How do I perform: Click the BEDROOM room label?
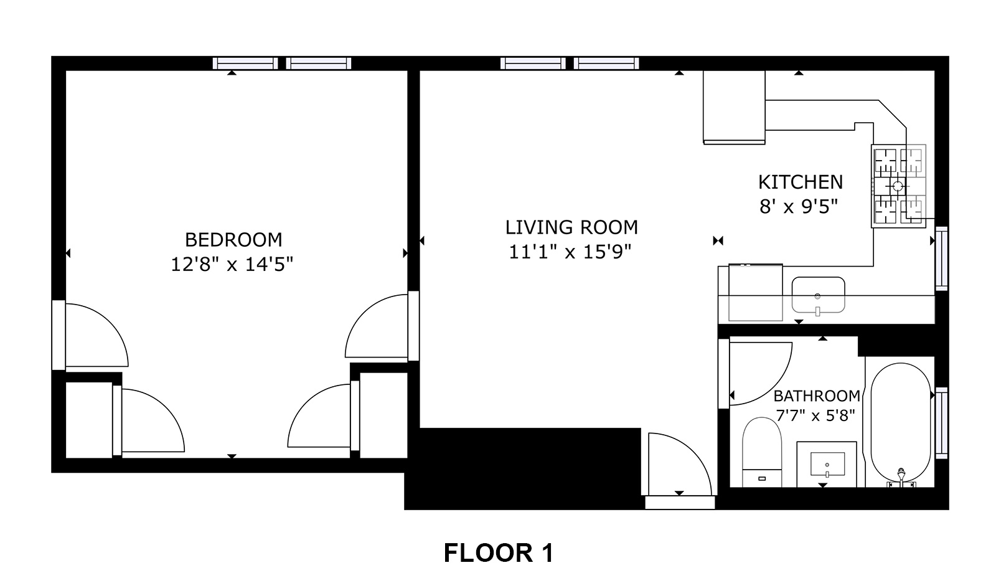(233, 240)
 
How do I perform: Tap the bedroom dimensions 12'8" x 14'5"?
(232, 265)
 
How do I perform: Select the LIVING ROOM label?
(571, 227)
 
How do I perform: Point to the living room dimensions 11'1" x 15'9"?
(570, 252)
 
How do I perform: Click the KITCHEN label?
(801, 183)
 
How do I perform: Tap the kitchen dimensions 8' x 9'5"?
(799, 207)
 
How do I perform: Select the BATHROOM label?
(817, 396)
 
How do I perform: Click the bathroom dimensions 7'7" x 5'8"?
(815, 415)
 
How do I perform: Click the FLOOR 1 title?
(499, 553)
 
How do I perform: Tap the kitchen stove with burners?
(899, 186)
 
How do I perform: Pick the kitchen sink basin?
(818, 295)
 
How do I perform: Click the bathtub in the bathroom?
(900, 424)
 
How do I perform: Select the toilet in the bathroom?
(762, 452)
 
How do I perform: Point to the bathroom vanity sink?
(827, 464)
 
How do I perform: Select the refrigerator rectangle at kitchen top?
(734, 107)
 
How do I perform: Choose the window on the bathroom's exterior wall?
(942, 423)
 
